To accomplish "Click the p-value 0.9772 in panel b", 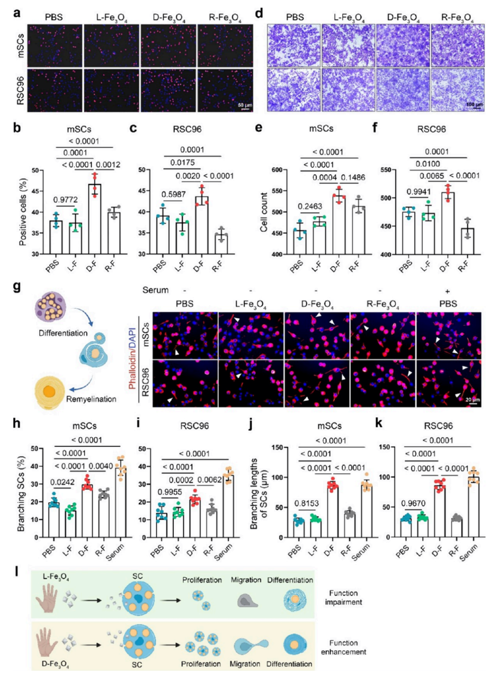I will click(x=65, y=200).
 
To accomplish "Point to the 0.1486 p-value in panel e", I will click(x=353, y=177).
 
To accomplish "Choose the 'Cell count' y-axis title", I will click(x=264, y=212).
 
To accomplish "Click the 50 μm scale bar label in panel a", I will click(x=245, y=106).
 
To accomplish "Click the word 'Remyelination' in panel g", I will click(x=91, y=399).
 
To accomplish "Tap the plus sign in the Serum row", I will click(x=447, y=291).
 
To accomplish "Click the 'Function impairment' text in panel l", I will click(x=343, y=597).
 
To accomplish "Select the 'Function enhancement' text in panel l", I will click(x=343, y=647).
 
